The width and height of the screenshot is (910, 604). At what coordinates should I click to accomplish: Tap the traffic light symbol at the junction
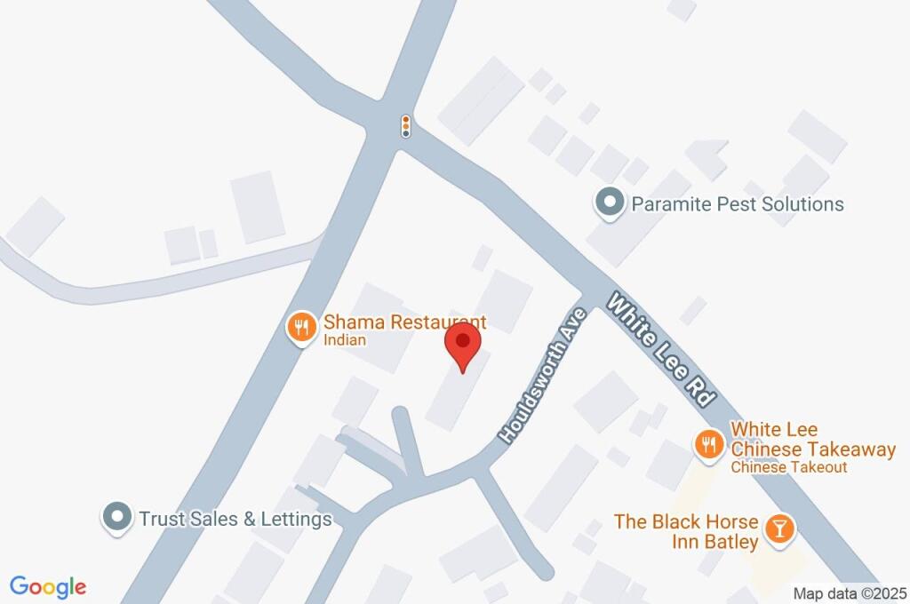tap(406, 126)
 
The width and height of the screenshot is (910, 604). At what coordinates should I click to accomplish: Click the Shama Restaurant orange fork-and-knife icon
tap(302, 328)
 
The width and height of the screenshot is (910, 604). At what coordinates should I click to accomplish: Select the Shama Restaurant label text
tap(404, 322)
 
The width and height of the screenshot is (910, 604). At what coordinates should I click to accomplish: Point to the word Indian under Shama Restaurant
tap(344, 340)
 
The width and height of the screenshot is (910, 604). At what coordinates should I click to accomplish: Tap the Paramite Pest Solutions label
tap(737, 204)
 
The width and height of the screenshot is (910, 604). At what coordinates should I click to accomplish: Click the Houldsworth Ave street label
tap(543, 377)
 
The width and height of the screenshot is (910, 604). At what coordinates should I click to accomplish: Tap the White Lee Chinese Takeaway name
tap(812, 440)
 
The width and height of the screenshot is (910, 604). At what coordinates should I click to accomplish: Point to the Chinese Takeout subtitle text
tap(789, 467)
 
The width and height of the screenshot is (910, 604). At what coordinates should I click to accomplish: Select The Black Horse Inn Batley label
tap(686, 531)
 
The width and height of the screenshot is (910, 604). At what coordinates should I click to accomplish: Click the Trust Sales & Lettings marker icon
tap(116, 518)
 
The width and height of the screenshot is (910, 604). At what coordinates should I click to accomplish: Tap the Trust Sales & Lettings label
tap(235, 519)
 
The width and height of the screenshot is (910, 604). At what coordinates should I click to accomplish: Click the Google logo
tap(48, 586)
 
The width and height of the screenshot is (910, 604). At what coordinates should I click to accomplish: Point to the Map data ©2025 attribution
tap(850, 593)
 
